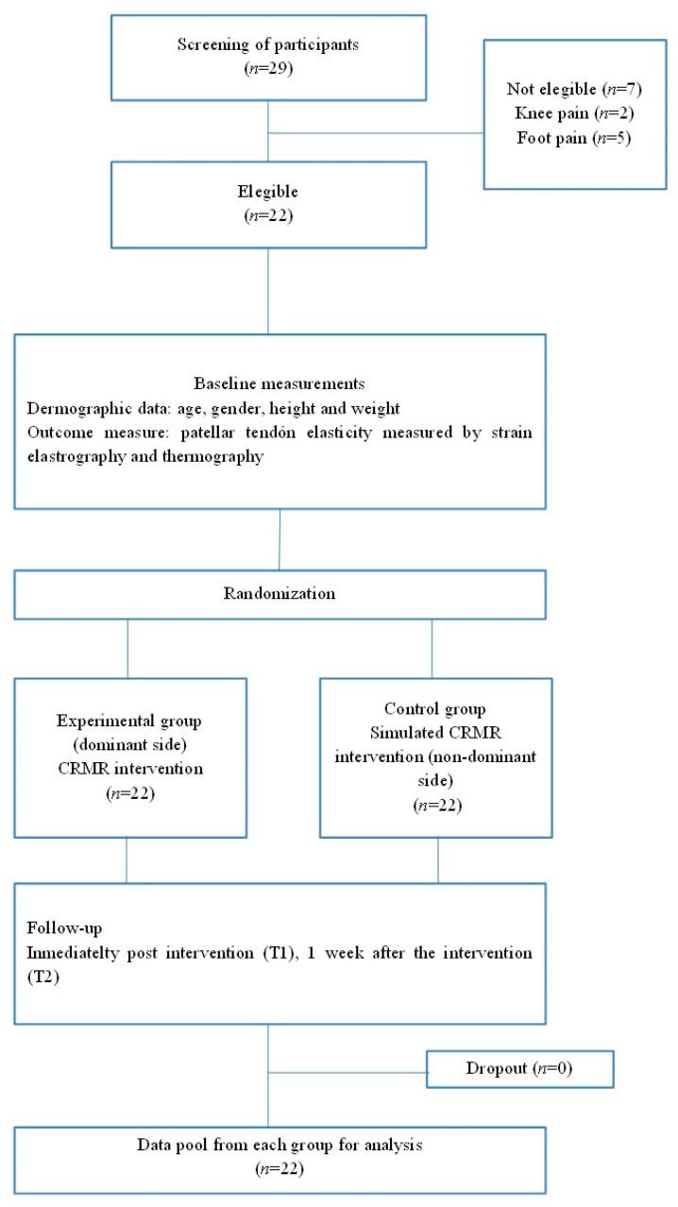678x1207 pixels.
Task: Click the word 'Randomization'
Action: pos(280,594)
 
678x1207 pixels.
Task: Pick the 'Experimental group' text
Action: pos(127,721)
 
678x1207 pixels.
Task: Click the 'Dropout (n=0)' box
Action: pos(519,1070)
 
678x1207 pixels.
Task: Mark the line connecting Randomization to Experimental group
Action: pos(127,648)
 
